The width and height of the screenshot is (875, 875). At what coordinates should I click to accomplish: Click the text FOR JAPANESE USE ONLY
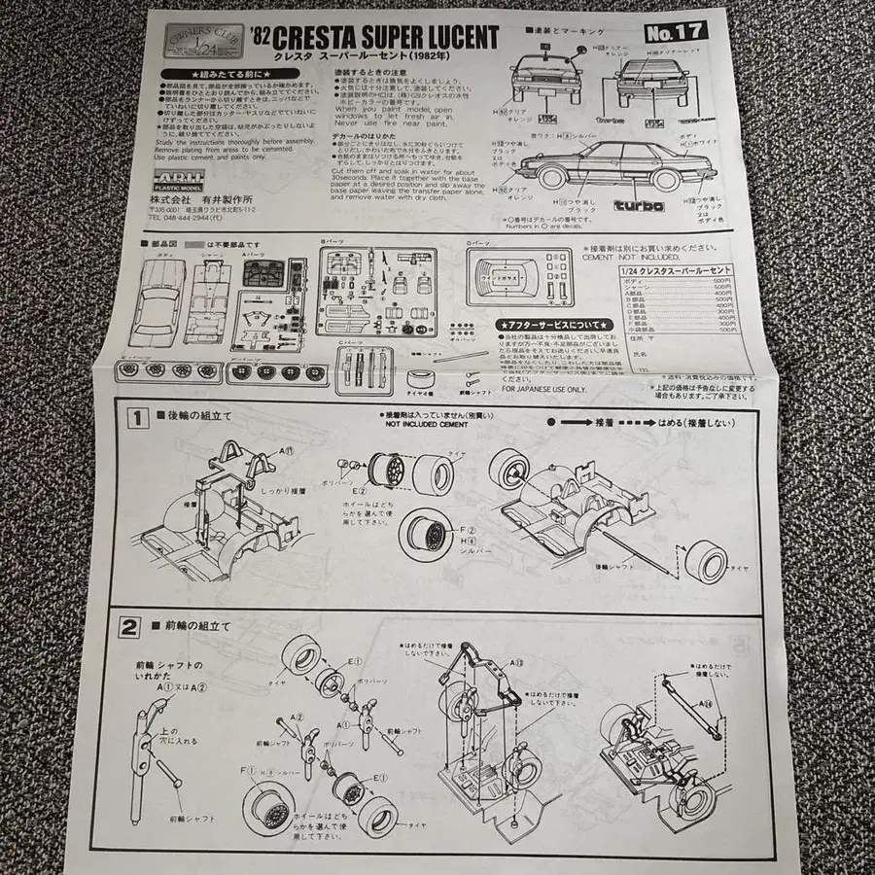click(x=544, y=389)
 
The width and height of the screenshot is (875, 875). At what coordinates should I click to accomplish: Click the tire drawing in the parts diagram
click(x=420, y=376)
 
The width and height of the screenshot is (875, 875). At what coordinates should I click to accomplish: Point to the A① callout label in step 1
click(x=288, y=452)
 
